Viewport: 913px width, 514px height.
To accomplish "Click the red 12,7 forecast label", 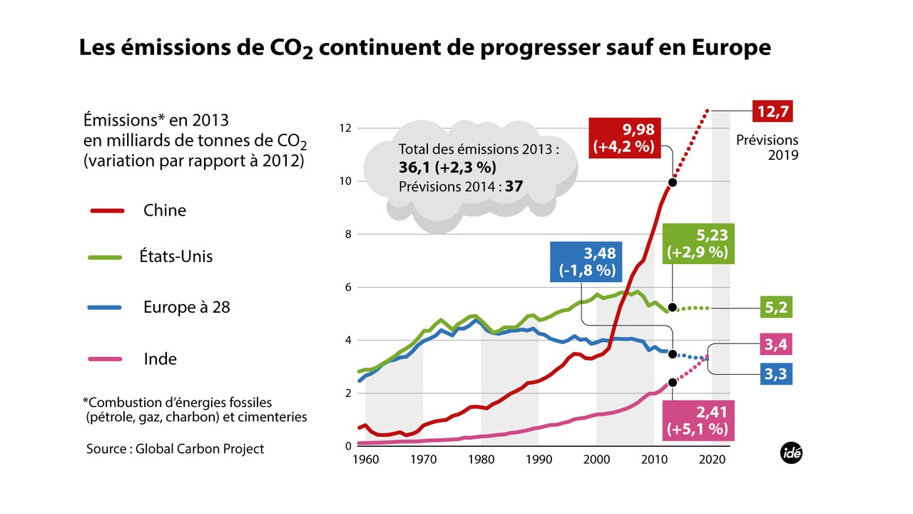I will click(x=772, y=112).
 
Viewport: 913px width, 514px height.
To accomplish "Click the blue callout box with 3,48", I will click(x=584, y=262).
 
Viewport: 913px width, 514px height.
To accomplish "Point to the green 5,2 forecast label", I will click(x=772, y=308).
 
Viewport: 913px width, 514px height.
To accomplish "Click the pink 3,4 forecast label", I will click(x=772, y=346).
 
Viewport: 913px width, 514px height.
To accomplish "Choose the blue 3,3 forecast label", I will click(x=772, y=373).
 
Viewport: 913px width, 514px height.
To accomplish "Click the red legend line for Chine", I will click(x=108, y=211).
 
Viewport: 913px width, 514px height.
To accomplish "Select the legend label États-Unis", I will click(x=176, y=256).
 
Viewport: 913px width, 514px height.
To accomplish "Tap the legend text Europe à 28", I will click(x=186, y=308).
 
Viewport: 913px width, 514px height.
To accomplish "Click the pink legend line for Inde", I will click(x=108, y=358).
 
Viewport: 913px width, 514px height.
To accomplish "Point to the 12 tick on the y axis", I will click(x=345, y=128).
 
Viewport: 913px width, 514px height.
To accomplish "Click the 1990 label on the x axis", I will click(x=538, y=460).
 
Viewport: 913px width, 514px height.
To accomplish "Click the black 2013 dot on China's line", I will click(x=672, y=183).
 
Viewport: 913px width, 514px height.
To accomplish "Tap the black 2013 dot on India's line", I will click(x=672, y=382).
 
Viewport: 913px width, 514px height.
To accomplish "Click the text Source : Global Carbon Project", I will click(x=175, y=449).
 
